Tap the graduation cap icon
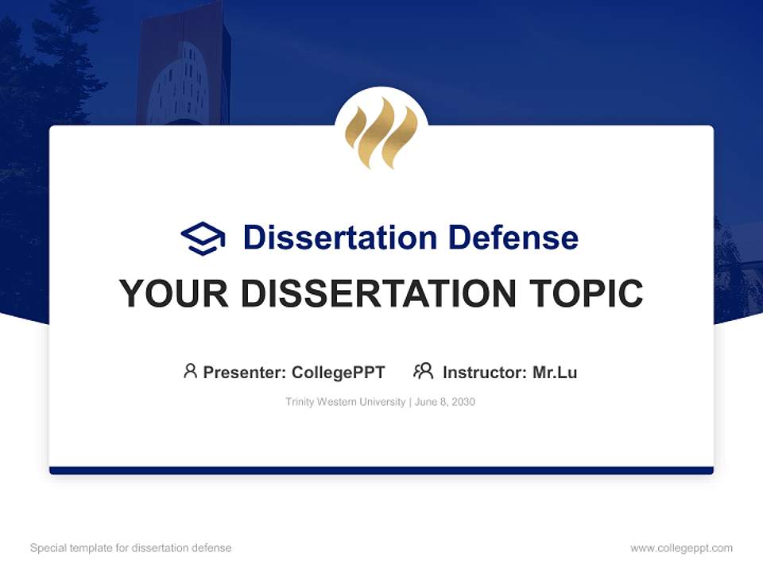[x=203, y=238]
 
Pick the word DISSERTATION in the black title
[x=378, y=294]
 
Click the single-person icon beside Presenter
[x=190, y=371]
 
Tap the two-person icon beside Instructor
[x=424, y=371]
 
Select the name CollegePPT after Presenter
[x=339, y=372]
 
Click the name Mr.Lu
[x=555, y=372]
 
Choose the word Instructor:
[x=485, y=372]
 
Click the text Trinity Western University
[x=345, y=402]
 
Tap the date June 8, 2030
[x=445, y=402]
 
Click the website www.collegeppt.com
[x=681, y=548]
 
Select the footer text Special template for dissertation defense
[x=130, y=548]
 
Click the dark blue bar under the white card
[x=381, y=470]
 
